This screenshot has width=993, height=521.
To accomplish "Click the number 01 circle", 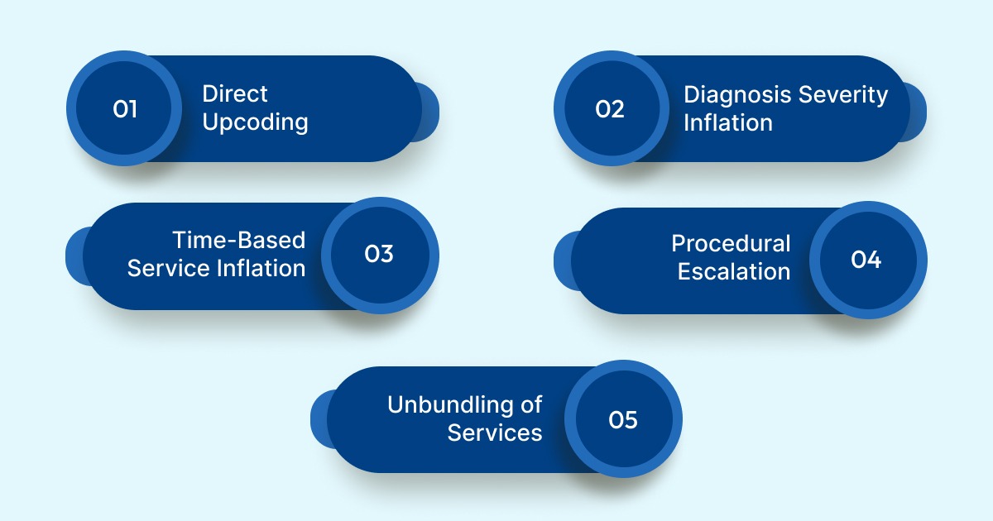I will tap(124, 108).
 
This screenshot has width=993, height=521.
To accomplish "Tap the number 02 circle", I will tap(611, 108).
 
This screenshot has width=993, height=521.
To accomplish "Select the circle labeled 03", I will tap(379, 255).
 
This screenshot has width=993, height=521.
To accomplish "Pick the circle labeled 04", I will tap(866, 260).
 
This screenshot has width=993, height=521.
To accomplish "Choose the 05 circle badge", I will tap(623, 419).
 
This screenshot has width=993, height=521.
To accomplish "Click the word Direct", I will tap(235, 94).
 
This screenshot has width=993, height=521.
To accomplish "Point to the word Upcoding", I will tap(255, 123).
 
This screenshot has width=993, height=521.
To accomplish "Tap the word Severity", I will tap(843, 94).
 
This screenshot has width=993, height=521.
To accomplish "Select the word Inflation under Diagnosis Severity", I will tap(727, 123).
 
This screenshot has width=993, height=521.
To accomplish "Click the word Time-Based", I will tap(239, 240).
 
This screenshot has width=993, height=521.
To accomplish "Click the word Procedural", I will tap(731, 243).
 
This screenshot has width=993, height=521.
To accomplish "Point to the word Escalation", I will tap(734, 272).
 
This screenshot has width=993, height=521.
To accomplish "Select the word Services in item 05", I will tap(495, 433).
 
